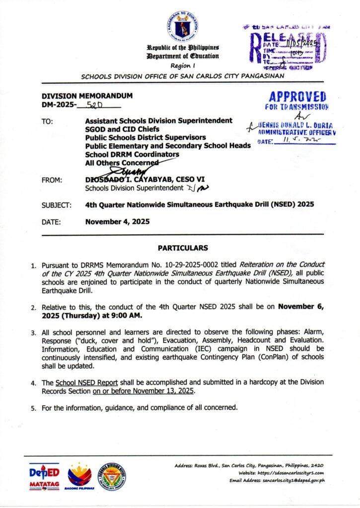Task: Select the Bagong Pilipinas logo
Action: pos(79,477)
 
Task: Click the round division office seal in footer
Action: pos(112,477)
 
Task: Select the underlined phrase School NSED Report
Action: pos(80,382)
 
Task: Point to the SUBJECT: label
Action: pos(60,204)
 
